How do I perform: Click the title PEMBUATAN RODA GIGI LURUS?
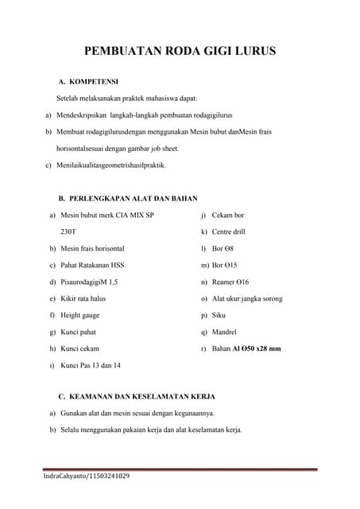180,52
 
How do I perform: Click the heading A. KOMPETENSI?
88,82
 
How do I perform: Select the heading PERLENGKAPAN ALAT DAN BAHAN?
134,198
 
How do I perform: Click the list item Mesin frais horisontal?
92,248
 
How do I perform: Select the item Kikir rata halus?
83,298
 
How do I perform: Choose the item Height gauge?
80,315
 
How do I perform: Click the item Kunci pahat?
78,332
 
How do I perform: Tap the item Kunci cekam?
79,348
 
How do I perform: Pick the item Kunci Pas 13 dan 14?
91,365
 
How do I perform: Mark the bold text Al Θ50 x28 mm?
257,348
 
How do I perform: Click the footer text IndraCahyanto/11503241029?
87,476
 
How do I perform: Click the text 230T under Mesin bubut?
68,231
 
